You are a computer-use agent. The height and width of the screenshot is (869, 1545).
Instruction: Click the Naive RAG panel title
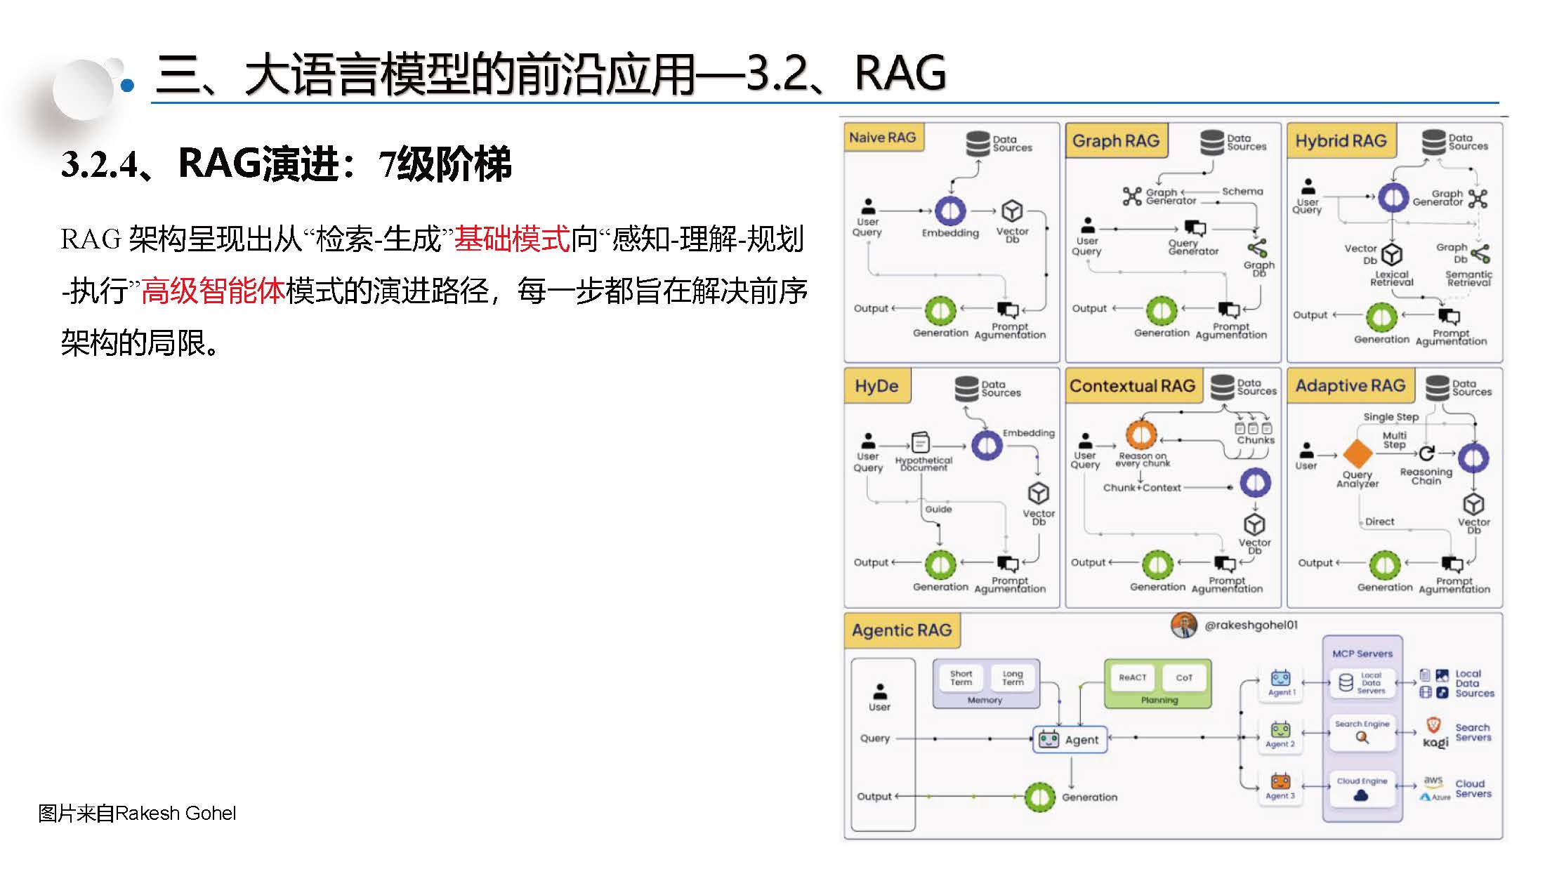coord(883,138)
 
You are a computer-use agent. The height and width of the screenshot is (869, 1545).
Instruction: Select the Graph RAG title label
coord(1115,140)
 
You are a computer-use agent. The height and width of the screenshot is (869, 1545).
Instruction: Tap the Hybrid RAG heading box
coord(1341,140)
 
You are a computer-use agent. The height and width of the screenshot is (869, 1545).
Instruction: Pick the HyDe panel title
coord(876,385)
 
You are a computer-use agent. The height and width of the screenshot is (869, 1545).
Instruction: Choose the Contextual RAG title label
coord(1132,385)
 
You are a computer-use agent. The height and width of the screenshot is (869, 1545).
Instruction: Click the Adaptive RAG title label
coord(1350,385)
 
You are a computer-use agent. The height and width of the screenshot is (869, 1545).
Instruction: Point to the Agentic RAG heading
coord(902,630)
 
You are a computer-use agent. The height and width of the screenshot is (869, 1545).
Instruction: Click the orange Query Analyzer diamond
coord(1357,453)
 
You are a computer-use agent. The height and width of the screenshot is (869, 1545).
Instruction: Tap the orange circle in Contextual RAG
coord(1141,435)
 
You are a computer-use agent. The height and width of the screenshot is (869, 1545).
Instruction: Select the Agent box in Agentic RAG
coord(1070,740)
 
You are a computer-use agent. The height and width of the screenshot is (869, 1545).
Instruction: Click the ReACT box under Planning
coord(1132,677)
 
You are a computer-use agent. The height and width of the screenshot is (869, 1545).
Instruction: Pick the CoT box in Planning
coord(1184,677)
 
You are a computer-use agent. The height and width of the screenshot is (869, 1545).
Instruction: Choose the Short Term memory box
coord(961,677)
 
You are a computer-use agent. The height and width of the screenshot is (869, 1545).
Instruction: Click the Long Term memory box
coord(1013,677)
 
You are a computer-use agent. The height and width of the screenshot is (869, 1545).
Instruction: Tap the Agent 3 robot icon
coord(1280,781)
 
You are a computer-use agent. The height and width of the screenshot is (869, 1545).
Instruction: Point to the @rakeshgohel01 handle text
coord(1251,625)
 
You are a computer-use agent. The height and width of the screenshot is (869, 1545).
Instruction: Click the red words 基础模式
coord(511,239)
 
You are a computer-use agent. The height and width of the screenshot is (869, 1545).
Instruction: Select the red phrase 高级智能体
coord(213,291)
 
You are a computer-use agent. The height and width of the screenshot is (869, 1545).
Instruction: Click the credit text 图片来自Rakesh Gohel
coord(137,813)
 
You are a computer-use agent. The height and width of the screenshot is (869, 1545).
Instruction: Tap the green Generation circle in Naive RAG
coord(940,311)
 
